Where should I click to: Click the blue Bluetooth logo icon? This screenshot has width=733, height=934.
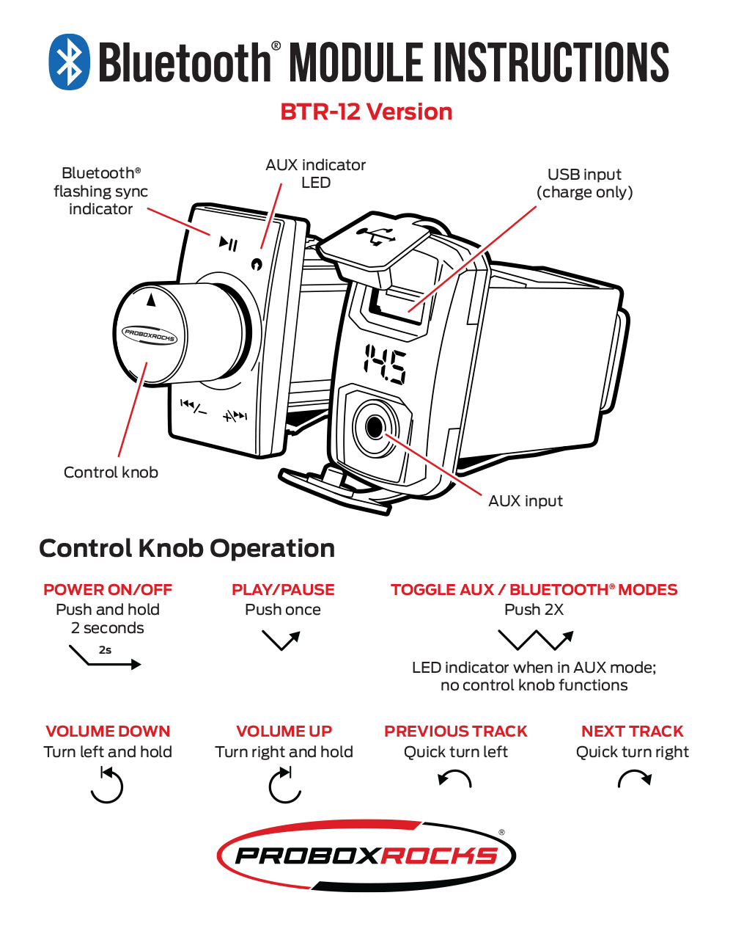coord(69,62)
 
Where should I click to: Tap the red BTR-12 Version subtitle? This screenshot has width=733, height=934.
coord(366,112)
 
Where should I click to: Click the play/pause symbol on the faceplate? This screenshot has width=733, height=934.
coord(229,244)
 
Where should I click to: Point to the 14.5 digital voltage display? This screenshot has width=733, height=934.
coord(386,365)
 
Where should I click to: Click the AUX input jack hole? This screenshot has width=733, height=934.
coord(375,426)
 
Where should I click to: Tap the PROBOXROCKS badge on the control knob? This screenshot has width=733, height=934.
coord(150,336)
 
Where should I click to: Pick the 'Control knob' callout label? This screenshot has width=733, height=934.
coord(111,473)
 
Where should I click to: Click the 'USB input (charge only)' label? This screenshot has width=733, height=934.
coord(584,183)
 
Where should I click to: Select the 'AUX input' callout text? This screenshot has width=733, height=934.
coord(526,501)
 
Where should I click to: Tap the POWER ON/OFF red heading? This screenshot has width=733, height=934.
coord(108,590)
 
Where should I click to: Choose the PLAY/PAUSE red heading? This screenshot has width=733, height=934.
coord(283,590)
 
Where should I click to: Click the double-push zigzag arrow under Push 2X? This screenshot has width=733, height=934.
coord(535,640)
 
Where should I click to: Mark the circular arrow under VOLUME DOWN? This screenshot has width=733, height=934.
coord(107,785)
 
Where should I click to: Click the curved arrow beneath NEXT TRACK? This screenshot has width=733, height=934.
coord(634,778)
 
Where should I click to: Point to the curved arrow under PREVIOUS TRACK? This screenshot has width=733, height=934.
coord(454,778)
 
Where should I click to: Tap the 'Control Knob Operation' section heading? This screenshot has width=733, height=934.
coord(187,549)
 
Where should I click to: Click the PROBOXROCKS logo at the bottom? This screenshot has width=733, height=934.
coord(366,855)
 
